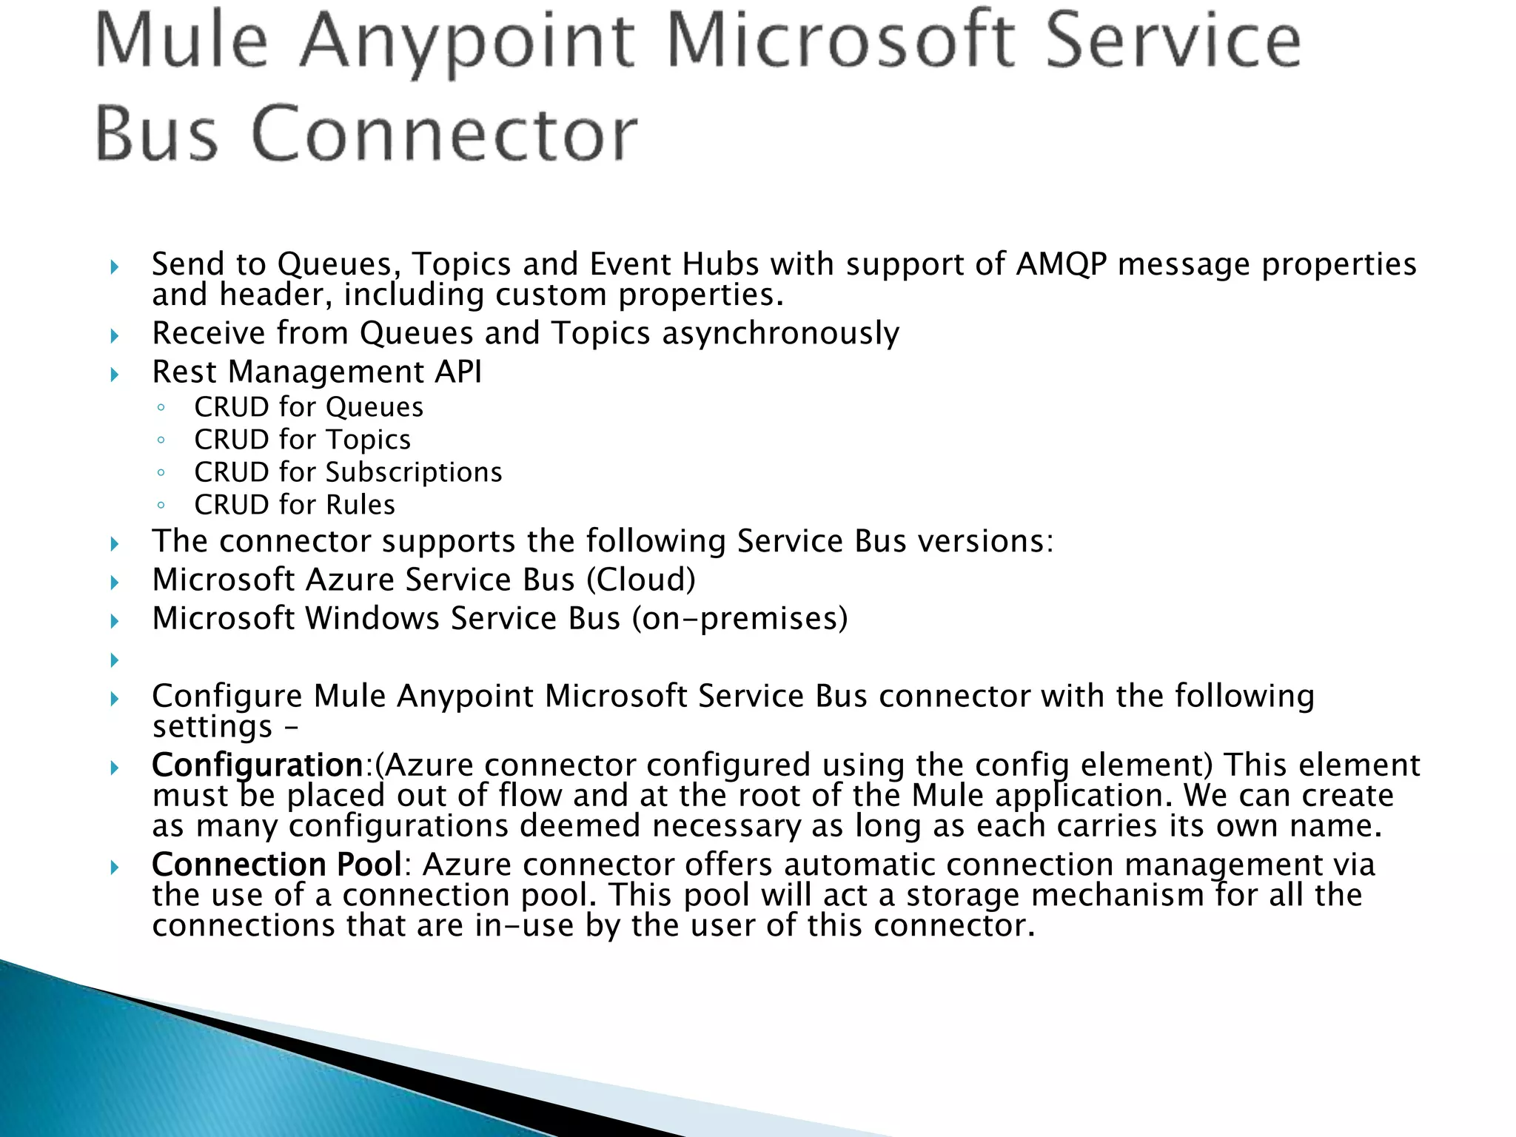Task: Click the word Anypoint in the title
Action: coord(468,43)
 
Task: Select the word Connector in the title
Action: coord(444,135)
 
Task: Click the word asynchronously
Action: coord(780,334)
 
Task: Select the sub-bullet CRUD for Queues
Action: coord(309,407)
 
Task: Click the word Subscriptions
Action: coord(414,472)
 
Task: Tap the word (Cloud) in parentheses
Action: coord(641,580)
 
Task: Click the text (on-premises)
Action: coord(739,619)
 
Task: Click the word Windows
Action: coord(372,619)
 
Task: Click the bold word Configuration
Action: coord(257,765)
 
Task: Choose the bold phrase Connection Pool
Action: coord(276,865)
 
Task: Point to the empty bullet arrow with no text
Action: coord(115,659)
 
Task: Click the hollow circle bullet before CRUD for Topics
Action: coord(161,440)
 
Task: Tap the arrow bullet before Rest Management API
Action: coord(115,374)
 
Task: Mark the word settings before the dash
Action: coord(212,727)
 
